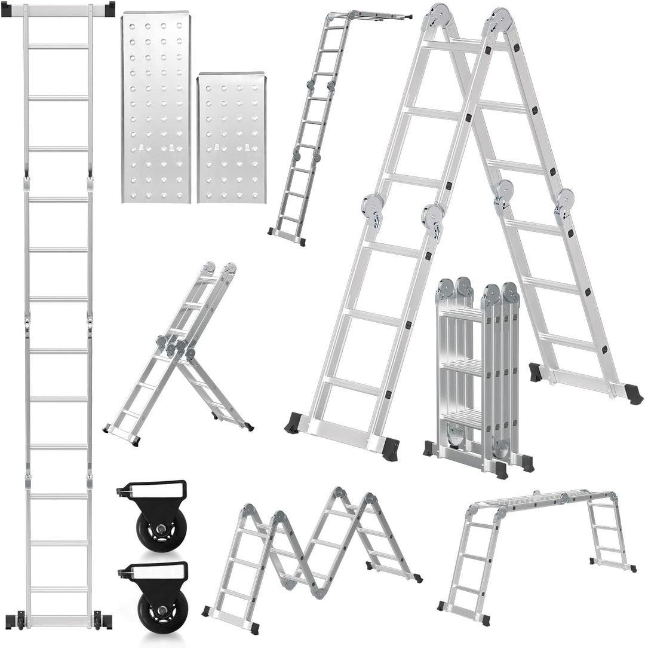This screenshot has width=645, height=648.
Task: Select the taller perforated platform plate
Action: [156, 108]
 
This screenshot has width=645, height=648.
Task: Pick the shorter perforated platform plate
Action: [232, 137]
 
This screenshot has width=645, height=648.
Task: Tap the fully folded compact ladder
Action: [478, 377]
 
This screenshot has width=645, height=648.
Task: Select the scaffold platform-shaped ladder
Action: [537, 538]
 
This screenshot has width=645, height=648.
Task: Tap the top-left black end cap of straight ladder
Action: [7, 10]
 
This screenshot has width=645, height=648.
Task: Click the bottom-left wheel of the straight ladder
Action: [21, 621]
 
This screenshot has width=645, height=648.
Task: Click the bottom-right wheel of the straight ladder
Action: [97, 621]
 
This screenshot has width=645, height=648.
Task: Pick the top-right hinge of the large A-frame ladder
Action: [500, 19]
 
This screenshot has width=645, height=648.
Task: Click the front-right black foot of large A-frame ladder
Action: [391, 448]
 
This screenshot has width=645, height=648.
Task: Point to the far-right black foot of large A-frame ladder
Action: [633, 395]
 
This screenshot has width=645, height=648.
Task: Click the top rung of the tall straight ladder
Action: [58, 46]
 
